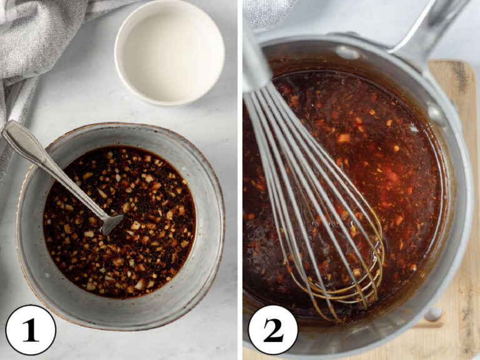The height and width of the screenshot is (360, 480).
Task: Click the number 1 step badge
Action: pos(30,329)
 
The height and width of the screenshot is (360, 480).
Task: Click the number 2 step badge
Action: pos(272,329)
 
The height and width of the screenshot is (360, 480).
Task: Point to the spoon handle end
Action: pos(12,131)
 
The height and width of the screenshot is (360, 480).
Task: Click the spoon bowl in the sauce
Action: pos(112,222)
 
